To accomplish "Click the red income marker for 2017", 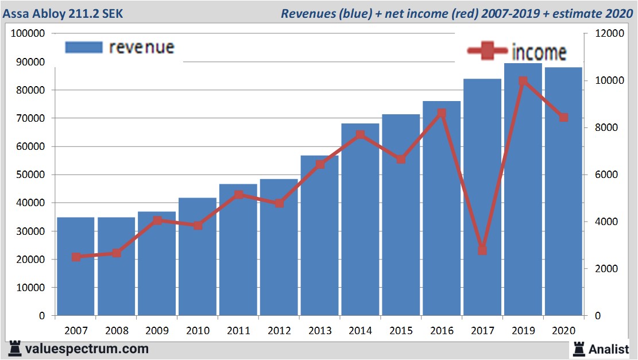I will click(x=482, y=250).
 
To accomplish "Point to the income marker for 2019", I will click(x=523, y=81).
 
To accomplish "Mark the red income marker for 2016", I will click(x=441, y=113).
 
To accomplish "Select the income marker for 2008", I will click(x=116, y=253).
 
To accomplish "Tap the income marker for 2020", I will click(x=563, y=118).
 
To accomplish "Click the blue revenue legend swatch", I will click(x=83, y=47).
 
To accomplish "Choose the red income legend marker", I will click(x=486, y=52).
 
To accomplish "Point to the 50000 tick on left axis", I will click(x=33, y=175).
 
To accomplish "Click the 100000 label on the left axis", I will click(x=29, y=33).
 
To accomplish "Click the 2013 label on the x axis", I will click(x=320, y=330).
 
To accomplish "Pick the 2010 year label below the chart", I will click(x=198, y=330).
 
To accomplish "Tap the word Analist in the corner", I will click(x=609, y=349).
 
